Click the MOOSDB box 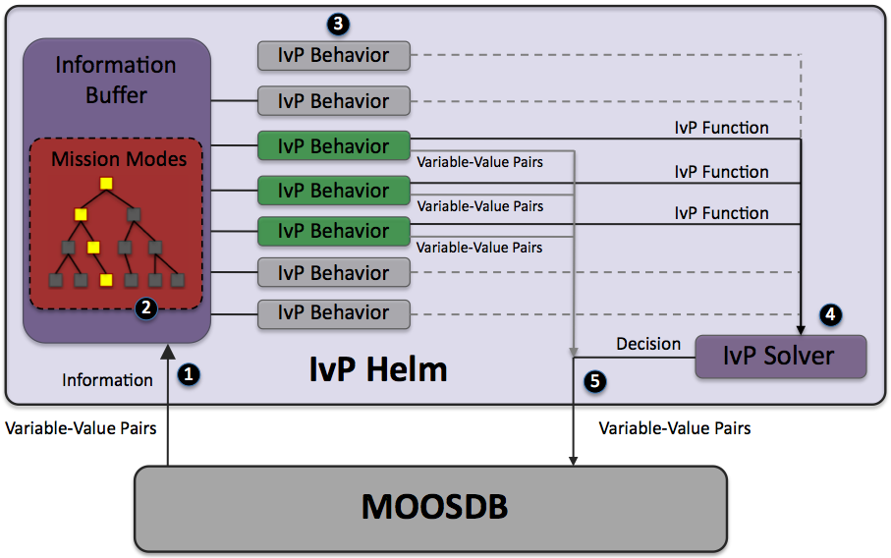430,507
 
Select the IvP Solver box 780,357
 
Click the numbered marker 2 145,307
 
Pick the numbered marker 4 830,314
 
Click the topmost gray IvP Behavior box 333,55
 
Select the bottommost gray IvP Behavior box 333,313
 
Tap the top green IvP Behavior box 333,145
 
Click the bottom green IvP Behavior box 333,231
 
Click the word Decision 648,344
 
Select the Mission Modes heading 119,158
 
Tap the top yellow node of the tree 106,184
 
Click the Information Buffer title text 116,81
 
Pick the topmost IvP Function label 721,128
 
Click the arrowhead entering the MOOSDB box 573,458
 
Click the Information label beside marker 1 107,379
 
